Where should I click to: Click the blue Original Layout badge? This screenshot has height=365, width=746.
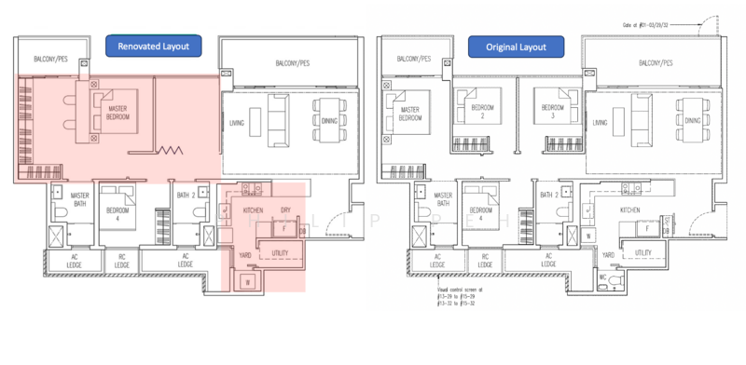521,45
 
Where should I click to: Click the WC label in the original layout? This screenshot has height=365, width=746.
603,278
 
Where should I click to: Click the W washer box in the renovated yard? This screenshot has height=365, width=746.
249,280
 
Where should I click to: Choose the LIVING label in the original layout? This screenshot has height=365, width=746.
601,123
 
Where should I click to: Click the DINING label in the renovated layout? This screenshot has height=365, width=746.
325,123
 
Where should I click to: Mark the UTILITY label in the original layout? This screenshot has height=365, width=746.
642,252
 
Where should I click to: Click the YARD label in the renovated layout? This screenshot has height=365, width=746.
244,253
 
